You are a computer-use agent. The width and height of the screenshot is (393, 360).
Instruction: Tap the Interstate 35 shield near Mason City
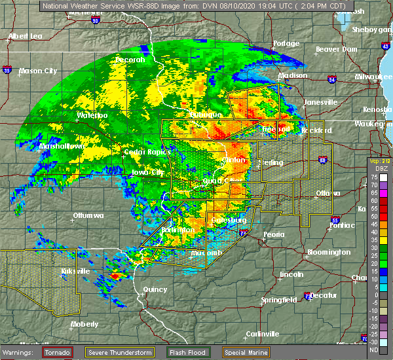[7, 68]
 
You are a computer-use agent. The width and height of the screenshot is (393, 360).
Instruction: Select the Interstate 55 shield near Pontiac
[335, 221]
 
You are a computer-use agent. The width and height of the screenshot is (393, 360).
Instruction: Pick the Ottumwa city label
[90, 215]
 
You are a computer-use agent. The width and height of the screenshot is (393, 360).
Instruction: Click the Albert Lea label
[27, 36]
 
